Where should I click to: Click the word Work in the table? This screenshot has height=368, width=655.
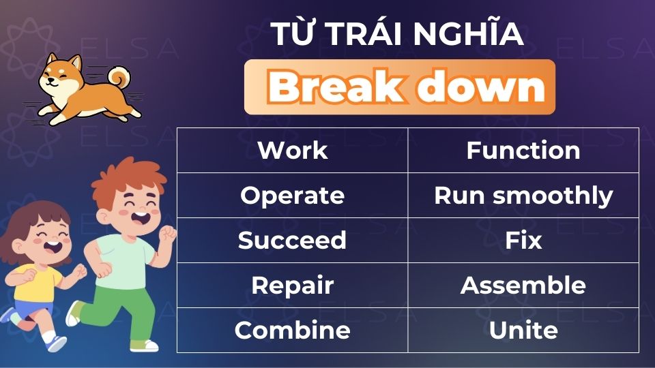click(292, 151)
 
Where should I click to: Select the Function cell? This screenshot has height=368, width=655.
click(523, 151)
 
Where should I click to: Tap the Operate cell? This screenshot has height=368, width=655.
click(292, 196)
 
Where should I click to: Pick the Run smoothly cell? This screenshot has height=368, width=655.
click(523, 196)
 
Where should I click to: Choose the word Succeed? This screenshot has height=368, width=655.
click(292, 241)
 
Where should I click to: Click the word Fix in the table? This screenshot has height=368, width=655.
click(523, 241)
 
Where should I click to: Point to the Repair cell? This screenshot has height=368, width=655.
click(292, 286)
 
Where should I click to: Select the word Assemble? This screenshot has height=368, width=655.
click(523, 286)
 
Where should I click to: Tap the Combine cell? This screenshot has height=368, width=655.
click(292, 331)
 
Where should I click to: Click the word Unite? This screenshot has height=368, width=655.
click(523, 331)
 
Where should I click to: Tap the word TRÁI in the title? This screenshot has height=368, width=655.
click(361, 35)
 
